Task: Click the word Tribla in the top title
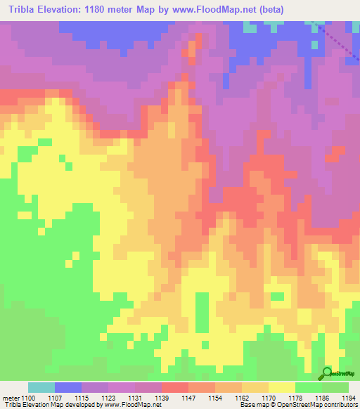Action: [24, 9]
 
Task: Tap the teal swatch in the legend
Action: [41, 387]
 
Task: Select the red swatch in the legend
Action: [174, 387]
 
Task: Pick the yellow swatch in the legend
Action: [281, 387]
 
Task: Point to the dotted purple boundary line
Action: [337, 45]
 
